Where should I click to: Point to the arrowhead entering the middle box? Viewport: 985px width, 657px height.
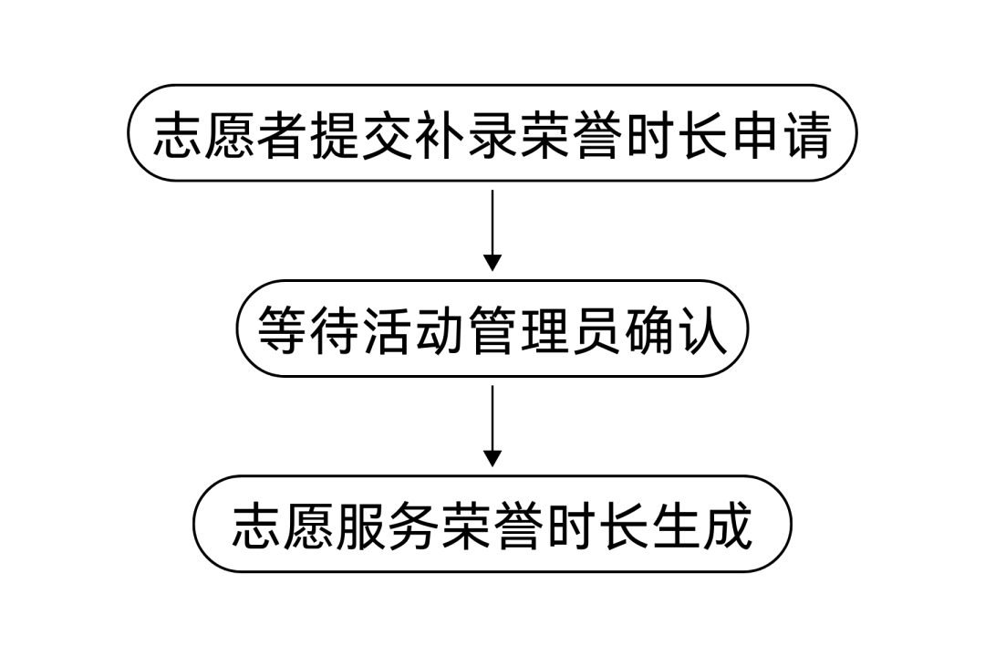tap(493, 263)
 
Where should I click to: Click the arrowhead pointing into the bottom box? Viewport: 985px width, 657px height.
tap(493, 458)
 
